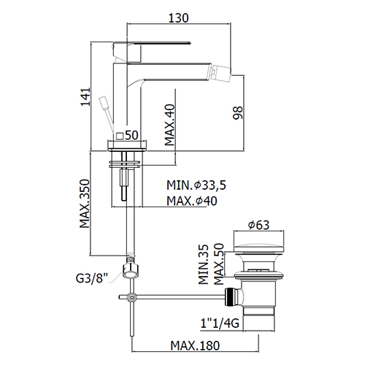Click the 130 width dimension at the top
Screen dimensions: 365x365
coord(179,18)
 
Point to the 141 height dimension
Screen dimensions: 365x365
coord(85,97)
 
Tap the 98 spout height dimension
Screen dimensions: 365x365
coord(238,112)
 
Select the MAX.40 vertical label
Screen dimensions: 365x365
coord(170,125)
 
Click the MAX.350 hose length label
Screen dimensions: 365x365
coord(85,204)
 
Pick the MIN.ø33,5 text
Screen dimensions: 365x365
coord(196,185)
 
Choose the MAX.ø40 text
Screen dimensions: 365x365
coord(192,201)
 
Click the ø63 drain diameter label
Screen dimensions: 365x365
coord(258,225)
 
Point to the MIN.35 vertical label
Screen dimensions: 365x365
coord(204,264)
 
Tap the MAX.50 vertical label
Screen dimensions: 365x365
coord(219,264)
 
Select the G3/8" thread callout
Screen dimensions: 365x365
coord(92,278)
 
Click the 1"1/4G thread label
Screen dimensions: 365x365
coord(220,323)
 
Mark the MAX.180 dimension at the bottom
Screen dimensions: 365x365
coord(195,345)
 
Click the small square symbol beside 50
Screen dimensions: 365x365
coord(120,136)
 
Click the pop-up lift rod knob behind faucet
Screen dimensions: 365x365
coord(103,103)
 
